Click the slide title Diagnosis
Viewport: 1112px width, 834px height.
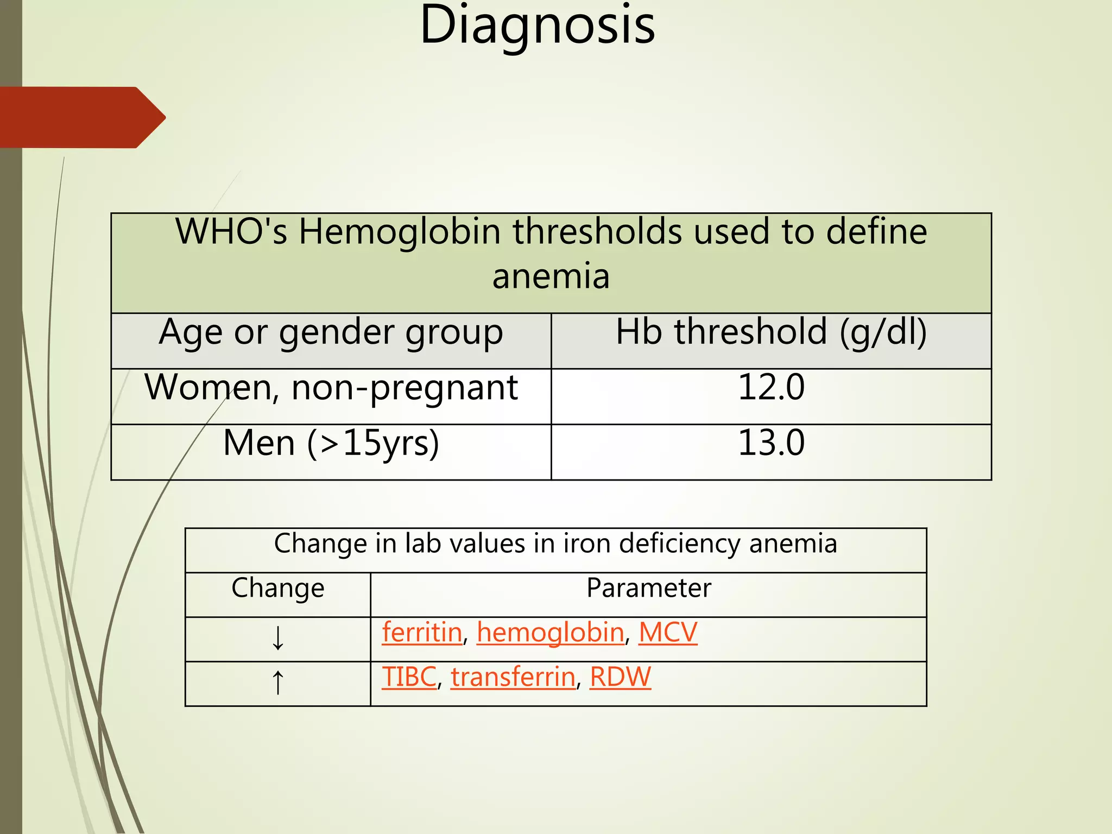click(x=538, y=26)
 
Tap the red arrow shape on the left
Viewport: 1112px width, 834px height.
click(x=81, y=117)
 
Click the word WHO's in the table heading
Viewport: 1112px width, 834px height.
click(x=231, y=232)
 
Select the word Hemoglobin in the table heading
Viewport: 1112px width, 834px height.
click(x=400, y=232)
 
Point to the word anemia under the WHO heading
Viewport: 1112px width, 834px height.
click(x=551, y=277)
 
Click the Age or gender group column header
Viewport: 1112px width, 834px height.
click(x=331, y=332)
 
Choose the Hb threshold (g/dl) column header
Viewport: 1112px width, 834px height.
click(x=771, y=332)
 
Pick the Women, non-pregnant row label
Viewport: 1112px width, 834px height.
click(x=331, y=389)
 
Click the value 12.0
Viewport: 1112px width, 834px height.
click(x=771, y=388)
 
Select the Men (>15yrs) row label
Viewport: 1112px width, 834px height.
click(x=331, y=444)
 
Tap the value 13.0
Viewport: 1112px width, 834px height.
click(x=771, y=443)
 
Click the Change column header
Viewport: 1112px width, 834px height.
click(x=277, y=589)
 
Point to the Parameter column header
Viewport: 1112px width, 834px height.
click(x=648, y=589)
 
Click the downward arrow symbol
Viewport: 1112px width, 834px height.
click(x=277, y=638)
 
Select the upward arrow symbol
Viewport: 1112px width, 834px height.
click(x=277, y=682)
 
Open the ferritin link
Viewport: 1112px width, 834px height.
click(x=422, y=633)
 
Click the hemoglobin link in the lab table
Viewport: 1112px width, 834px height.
click(x=551, y=633)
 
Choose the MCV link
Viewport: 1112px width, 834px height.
click(x=667, y=633)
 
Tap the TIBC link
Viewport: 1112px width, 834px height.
click(x=409, y=678)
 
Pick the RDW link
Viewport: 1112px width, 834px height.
click(x=620, y=678)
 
